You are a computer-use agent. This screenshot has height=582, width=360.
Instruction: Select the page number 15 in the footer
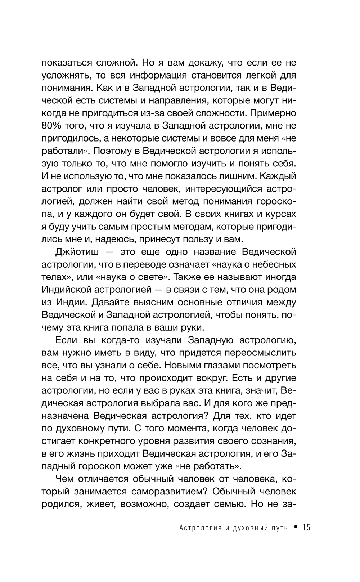click(x=306, y=528)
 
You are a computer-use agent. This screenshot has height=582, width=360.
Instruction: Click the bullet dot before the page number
click(x=295, y=527)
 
